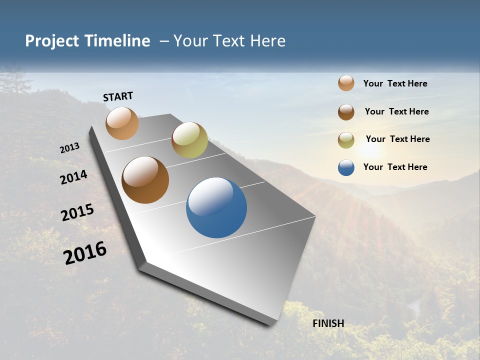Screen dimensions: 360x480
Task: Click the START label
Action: pos(118,96)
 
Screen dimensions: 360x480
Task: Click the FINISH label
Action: pos(328,323)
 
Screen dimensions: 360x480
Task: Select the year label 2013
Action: pos(70,148)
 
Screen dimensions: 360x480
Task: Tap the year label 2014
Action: pos(73,177)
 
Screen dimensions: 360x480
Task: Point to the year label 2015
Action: pos(77,212)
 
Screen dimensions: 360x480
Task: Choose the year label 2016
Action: pos(85,253)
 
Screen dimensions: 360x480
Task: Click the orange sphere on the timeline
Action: pos(122,123)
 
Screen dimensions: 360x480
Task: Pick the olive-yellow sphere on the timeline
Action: pos(189,140)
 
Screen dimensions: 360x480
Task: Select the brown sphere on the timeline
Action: pos(145,180)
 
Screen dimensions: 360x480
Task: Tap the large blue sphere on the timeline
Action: pos(216,207)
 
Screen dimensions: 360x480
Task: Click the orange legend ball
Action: pos(346,83)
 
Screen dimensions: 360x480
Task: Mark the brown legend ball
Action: pos(346,112)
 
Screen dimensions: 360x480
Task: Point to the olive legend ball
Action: pos(346,140)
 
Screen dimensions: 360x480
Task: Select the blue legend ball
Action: pos(346,167)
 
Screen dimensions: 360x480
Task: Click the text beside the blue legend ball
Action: pos(395,167)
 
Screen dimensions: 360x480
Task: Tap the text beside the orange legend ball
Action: pos(395,83)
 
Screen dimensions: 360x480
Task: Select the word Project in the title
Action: pos(51,41)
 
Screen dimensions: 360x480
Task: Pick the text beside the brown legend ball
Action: pos(396,111)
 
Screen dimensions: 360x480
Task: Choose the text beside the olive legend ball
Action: pos(397,139)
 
